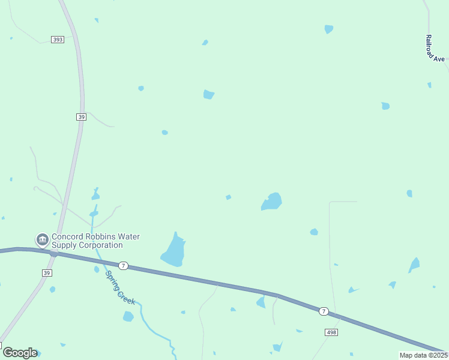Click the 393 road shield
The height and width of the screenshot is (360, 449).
[58, 40]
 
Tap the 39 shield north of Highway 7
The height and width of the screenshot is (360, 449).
[82, 117]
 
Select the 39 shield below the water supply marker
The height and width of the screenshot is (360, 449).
[47, 273]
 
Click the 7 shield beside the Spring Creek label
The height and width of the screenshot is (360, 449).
[123, 265]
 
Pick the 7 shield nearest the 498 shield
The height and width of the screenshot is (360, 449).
[324, 311]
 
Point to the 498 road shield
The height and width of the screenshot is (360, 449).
[331, 332]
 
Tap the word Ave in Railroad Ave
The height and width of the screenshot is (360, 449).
[439, 59]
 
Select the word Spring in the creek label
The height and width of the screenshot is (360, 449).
[112, 279]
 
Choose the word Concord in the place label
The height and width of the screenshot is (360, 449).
[67, 237]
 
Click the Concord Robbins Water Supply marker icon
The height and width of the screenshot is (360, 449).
[42, 241]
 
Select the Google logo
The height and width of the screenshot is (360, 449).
[20, 353]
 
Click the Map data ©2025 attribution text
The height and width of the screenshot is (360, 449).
[424, 355]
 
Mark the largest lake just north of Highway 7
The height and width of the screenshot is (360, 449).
[173, 251]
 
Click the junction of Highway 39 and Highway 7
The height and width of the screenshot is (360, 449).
[53, 254]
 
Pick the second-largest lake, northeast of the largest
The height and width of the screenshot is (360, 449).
[272, 202]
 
